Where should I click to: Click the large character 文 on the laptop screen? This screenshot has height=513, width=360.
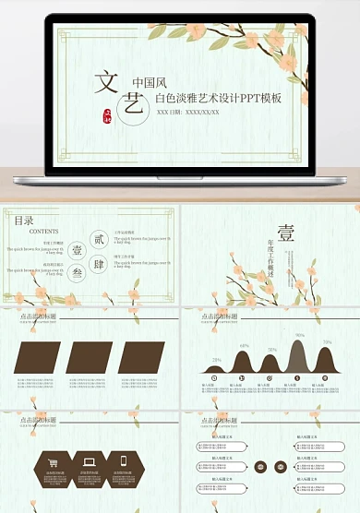(103, 83)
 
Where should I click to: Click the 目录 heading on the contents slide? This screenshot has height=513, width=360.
(24, 221)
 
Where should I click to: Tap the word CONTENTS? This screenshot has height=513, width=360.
(45, 232)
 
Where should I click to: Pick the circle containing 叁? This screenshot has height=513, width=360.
(77, 272)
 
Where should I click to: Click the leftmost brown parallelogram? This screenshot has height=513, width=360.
(40, 358)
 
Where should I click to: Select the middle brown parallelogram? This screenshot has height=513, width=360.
(90, 358)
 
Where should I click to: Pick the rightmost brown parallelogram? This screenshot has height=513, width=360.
(140, 358)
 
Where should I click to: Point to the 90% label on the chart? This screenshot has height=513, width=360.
(300, 336)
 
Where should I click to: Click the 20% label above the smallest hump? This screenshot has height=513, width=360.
(216, 359)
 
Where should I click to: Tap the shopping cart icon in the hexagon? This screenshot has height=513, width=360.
(54, 463)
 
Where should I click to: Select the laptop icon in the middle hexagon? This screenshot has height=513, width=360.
(90, 461)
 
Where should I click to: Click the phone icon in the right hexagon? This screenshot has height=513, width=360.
(125, 461)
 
